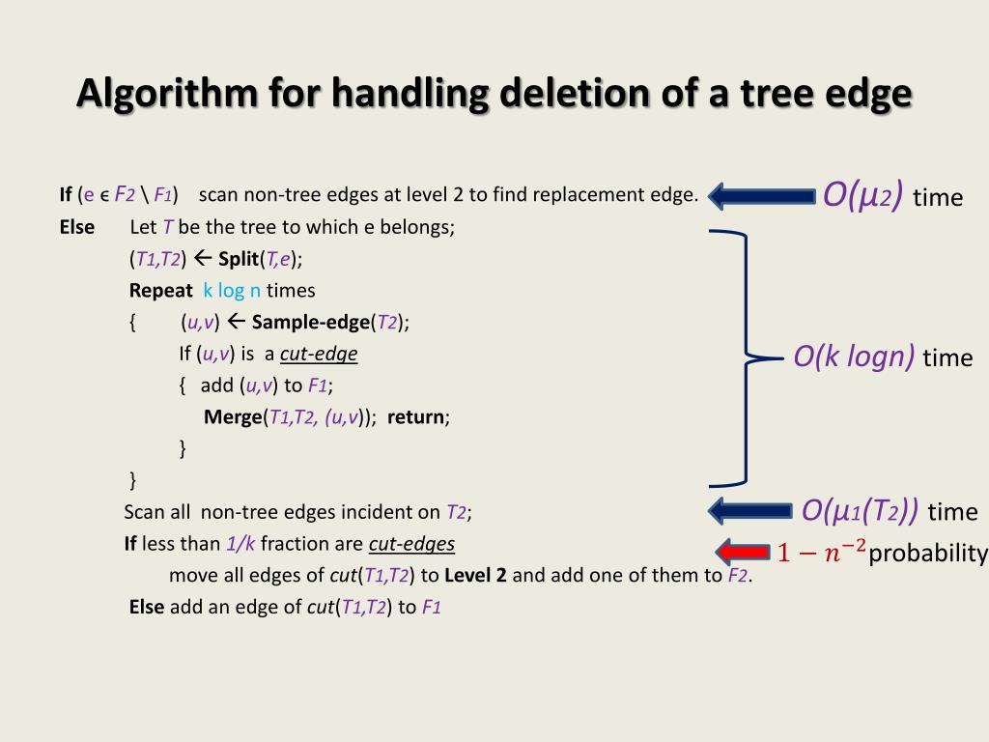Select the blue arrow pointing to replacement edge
(762, 196)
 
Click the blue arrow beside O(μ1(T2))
(751, 510)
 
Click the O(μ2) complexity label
(862, 196)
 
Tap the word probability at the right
(928, 554)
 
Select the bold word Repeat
(161, 290)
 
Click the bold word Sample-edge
(310, 322)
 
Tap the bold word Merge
(233, 417)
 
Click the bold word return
(417, 417)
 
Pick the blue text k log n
(232, 290)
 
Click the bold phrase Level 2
(475, 576)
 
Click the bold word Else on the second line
(77, 227)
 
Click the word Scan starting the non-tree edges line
(145, 512)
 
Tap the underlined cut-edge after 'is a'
(319, 355)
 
